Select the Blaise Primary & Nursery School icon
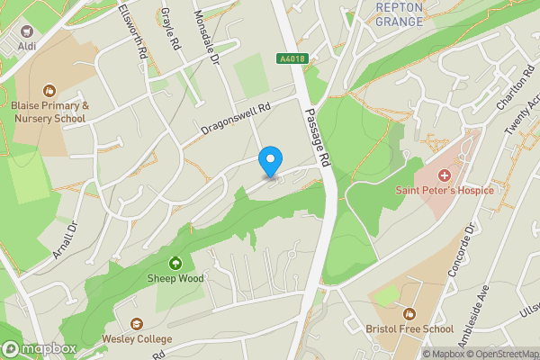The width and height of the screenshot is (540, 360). pyautogui.click(x=49, y=90)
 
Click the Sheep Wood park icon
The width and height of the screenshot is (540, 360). pyautogui.click(x=175, y=263)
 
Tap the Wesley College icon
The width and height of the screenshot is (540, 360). pyautogui.click(x=137, y=323)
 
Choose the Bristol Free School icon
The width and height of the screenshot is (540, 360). pyautogui.click(x=409, y=313)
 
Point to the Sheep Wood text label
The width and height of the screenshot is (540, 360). pyautogui.click(x=176, y=279)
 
